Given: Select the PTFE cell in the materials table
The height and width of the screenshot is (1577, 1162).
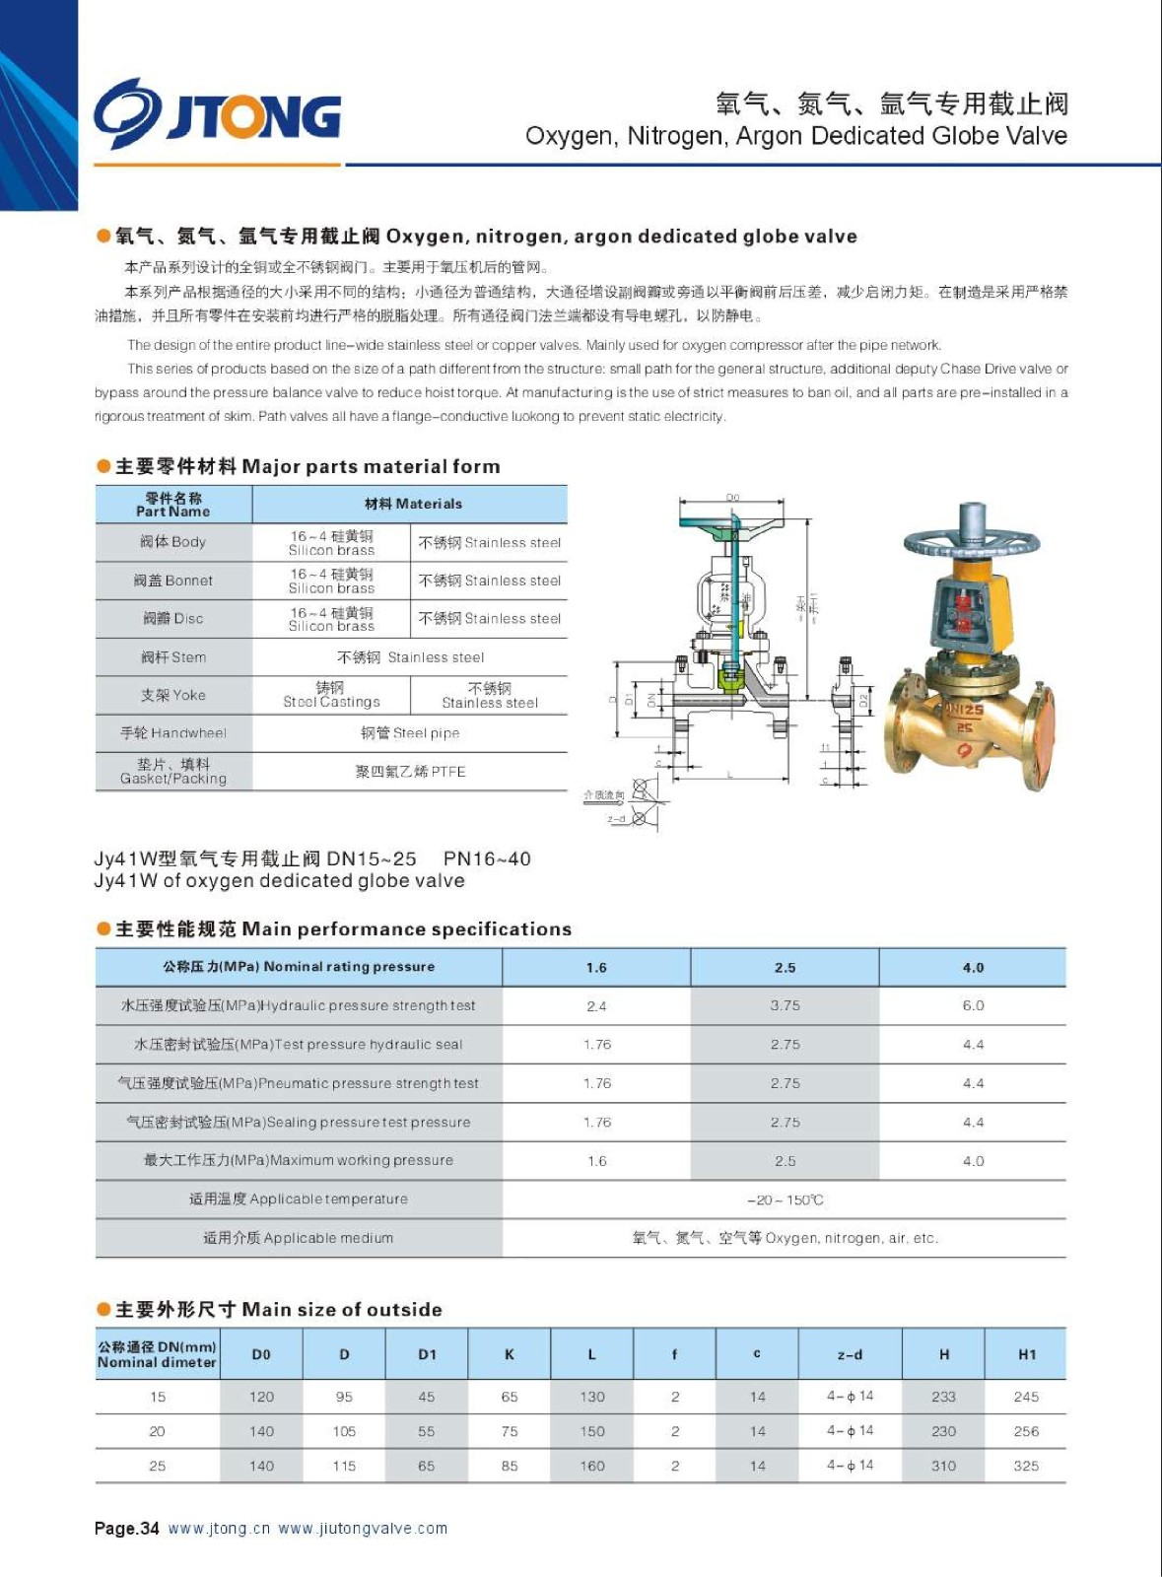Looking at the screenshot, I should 410,772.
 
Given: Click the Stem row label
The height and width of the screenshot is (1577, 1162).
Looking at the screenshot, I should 173,657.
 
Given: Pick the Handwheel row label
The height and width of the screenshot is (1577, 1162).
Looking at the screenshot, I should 173,733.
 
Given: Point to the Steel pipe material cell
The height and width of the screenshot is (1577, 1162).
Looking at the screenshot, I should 410,733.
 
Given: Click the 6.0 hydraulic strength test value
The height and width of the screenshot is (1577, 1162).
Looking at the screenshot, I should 973,1006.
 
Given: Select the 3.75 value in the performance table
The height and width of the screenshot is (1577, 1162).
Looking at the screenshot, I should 785,1006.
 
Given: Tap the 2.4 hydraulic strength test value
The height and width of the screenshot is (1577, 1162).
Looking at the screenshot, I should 596,1006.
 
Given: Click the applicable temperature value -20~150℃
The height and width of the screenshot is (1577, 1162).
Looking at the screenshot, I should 785,1200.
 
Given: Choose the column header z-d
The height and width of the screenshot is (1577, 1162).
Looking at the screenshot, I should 850,1355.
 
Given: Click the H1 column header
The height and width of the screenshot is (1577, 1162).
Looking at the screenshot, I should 1027,1355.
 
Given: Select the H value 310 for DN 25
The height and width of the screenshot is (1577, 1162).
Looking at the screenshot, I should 943,1467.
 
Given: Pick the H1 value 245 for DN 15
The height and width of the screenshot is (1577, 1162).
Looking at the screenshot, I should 1026,1398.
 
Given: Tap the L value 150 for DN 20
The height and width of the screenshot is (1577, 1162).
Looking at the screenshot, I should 592,1432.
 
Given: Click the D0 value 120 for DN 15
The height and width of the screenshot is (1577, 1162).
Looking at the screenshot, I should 261,1398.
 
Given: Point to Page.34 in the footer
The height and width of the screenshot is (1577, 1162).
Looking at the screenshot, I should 126,1529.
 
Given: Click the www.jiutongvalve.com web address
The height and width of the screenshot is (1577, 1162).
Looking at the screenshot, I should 363,1529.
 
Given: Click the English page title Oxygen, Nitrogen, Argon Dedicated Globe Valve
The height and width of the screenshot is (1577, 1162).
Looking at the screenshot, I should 795,136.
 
